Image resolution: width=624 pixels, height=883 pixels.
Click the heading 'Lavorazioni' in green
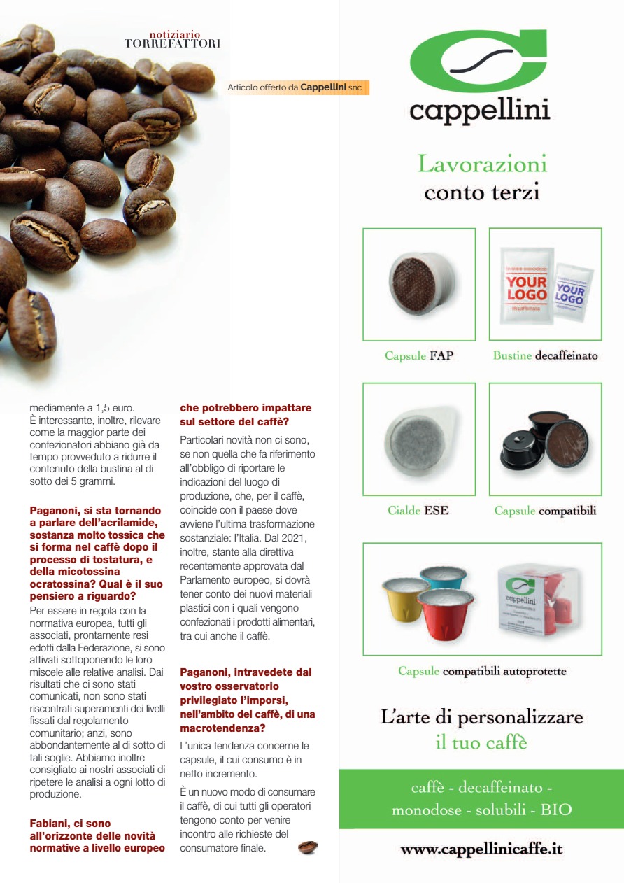[482, 164]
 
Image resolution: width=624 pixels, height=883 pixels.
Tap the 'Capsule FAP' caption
[419, 355]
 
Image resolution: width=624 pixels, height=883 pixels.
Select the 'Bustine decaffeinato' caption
[545, 355]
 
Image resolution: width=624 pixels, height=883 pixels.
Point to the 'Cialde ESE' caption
[418, 511]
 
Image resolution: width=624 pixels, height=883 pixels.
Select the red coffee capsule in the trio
[446, 614]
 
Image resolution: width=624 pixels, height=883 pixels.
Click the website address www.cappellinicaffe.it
[481, 849]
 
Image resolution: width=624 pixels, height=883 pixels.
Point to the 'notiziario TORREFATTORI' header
[172, 38]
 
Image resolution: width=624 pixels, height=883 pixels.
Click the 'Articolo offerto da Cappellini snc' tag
[297, 87]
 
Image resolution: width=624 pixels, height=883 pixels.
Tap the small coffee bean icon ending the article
[307, 847]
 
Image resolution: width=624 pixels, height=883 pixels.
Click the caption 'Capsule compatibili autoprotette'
[482, 672]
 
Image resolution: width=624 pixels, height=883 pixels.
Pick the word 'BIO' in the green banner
[555, 810]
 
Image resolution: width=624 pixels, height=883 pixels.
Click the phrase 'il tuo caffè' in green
[481, 742]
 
